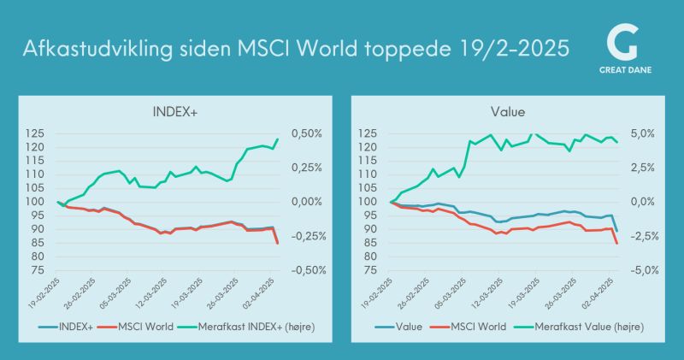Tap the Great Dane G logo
626,43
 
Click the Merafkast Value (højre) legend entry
581,326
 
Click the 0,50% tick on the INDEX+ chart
305,133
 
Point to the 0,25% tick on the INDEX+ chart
305,168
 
